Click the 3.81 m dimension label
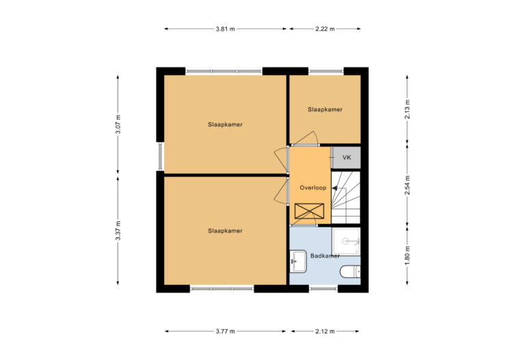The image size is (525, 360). click(225, 29)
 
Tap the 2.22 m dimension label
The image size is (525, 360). click(325, 29)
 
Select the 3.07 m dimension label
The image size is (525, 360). click(118, 124)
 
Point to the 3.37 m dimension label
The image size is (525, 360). click(118, 232)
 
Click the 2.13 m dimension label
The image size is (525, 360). click(407, 109)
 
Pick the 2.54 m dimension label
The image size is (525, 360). click(407, 186)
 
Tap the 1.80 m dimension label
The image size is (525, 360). click(407, 255)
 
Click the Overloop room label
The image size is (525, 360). click(312, 187)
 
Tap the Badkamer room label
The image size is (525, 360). click(325, 256)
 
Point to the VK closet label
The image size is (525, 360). click(347, 158)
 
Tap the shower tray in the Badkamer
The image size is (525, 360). click(346, 240)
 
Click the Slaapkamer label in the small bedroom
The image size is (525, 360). click(325, 109)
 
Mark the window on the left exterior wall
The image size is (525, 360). click(160, 156)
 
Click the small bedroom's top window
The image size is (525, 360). click(325, 71)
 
